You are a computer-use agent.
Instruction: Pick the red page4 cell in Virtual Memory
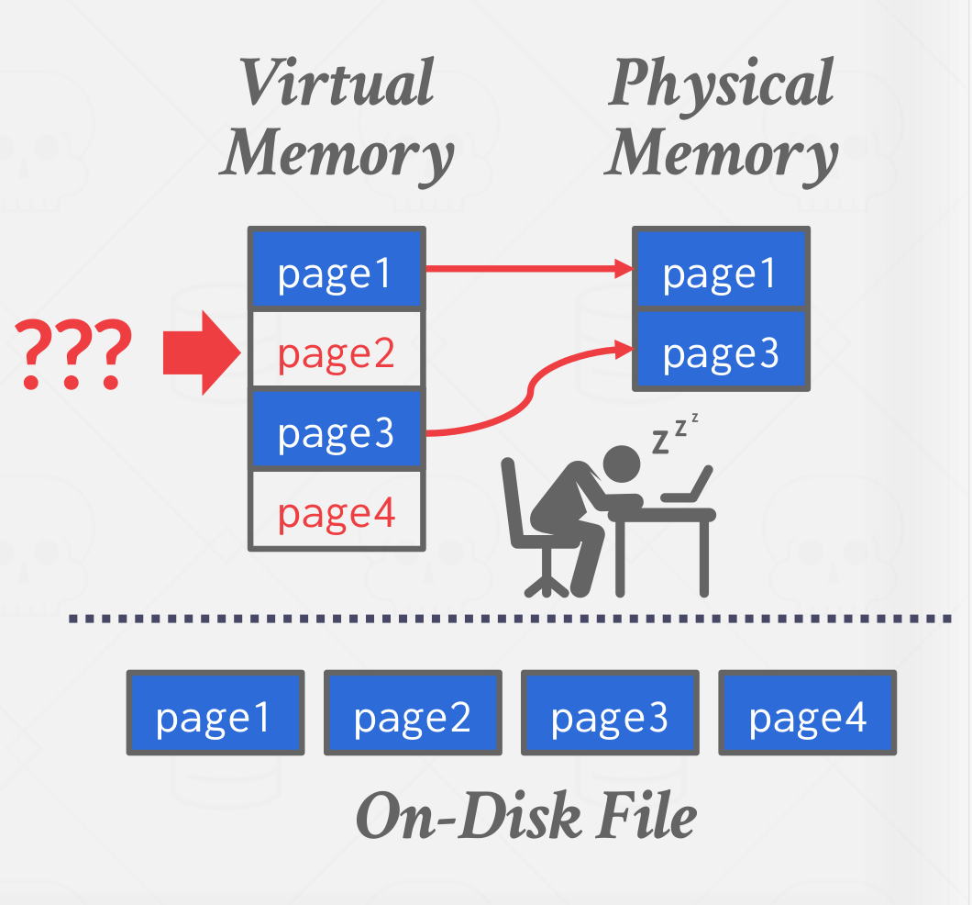pos(336,510)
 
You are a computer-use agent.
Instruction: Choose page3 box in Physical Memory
pos(720,349)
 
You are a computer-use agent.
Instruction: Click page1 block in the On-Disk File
pos(215,712)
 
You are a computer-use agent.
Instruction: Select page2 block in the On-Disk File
pos(413,712)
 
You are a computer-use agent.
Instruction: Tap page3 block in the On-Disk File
pos(610,712)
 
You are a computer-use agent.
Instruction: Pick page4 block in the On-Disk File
pos(807,712)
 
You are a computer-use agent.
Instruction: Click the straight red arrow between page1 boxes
pos(527,269)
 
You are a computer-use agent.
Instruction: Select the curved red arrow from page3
pos(530,395)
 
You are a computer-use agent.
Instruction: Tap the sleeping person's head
pos(622,464)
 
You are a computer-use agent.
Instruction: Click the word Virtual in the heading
pos(338,83)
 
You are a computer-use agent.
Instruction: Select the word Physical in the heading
pos(722,83)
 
